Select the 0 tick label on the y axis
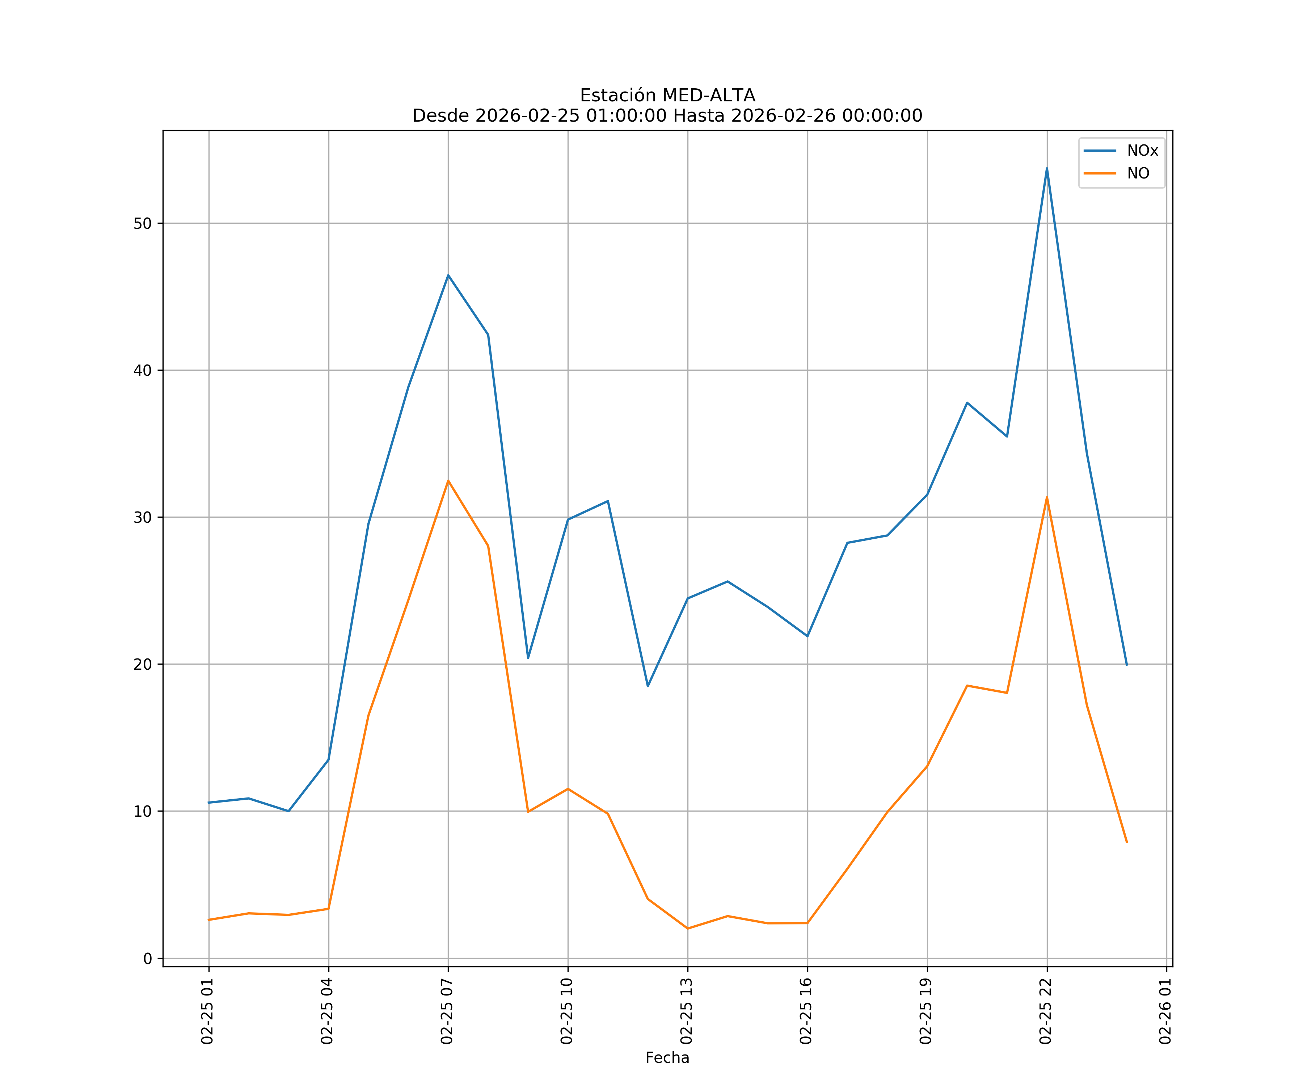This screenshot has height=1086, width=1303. tap(148, 959)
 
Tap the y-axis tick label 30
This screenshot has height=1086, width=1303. tap(143, 518)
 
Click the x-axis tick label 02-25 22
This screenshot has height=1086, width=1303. tap(1046, 1011)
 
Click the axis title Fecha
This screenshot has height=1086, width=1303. tap(667, 1057)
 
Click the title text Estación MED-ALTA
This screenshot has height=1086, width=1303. tap(667, 96)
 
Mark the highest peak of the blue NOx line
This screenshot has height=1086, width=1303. tap(1047, 168)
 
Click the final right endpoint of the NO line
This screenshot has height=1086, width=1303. tap(1127, 842)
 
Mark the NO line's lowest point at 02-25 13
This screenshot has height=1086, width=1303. tap(687, 929)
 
